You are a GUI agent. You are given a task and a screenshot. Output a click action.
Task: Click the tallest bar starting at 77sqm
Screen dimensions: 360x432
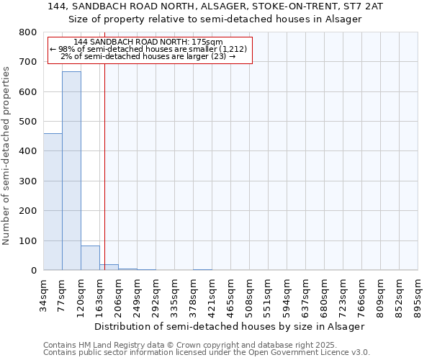coord(71,171)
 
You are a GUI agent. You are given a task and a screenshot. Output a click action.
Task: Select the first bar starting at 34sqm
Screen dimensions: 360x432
coord(53,202)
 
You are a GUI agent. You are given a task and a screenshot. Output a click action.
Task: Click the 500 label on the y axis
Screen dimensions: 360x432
coord(28,122)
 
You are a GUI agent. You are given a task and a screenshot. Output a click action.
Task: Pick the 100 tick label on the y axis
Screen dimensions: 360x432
coord(28,240)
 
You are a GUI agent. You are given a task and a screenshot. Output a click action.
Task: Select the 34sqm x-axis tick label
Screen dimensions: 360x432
coord(44,291)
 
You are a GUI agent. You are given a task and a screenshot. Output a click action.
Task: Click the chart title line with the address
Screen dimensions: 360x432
coord(215,6)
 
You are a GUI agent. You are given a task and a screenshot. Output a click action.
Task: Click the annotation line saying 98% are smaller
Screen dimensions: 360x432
coord(148,49)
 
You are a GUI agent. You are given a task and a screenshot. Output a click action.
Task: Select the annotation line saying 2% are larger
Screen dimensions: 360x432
coord(148,56)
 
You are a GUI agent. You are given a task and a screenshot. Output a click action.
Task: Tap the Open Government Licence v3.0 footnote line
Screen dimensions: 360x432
coord(207,352)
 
